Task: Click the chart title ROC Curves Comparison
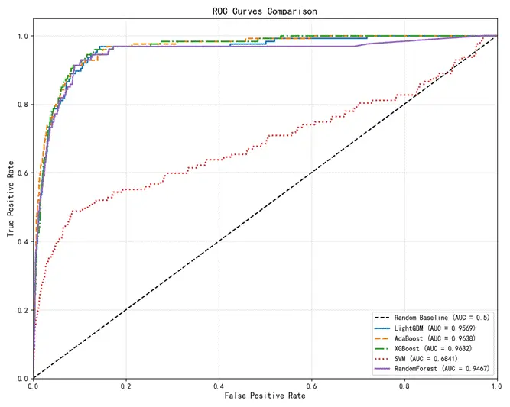265,11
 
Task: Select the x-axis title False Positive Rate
265,397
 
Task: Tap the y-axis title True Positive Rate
11,198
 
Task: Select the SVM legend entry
433,359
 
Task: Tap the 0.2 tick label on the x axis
126,386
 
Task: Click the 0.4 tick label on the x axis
219,386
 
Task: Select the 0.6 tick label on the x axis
311,386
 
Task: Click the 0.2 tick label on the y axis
22,310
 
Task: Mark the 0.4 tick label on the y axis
22,241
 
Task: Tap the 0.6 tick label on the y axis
22,173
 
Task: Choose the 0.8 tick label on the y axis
22,105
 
